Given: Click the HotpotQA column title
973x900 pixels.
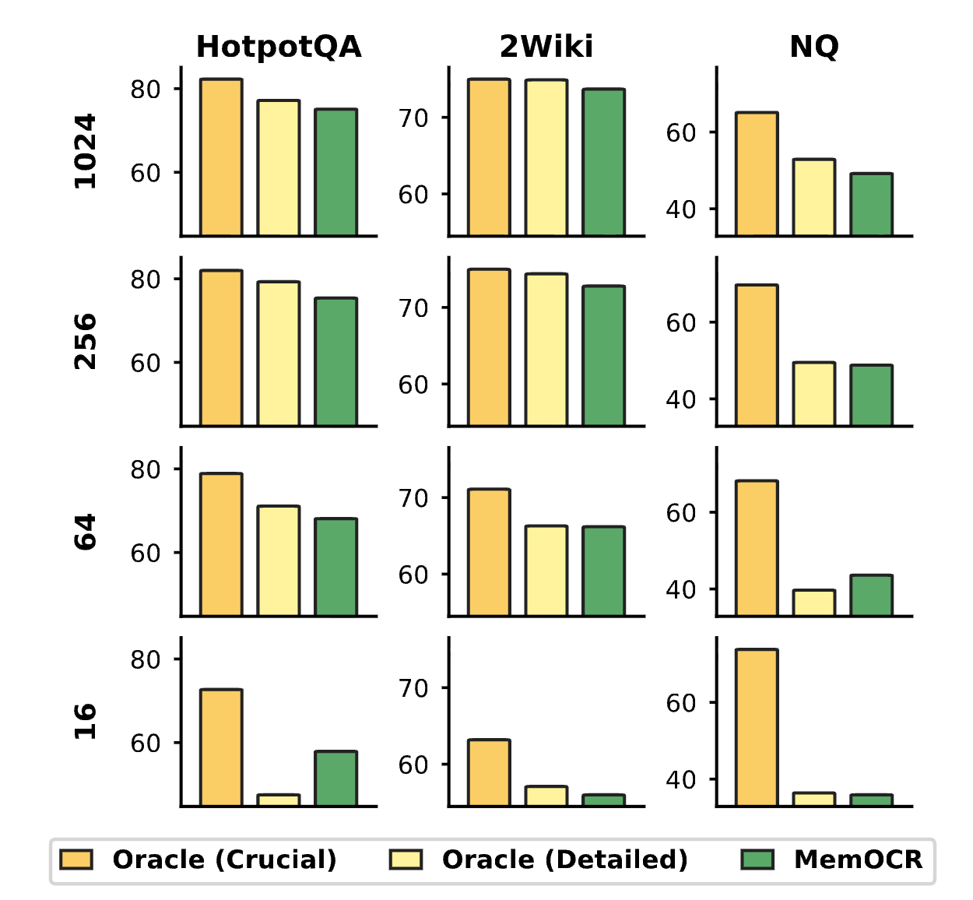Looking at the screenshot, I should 279,47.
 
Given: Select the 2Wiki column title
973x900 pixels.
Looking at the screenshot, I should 546,47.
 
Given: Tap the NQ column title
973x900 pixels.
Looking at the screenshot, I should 814,47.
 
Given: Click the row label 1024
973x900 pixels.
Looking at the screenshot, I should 86,151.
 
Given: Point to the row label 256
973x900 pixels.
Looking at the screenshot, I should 86,341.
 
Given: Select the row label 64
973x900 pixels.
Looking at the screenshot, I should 86,532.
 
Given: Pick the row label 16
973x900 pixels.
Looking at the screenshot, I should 86,722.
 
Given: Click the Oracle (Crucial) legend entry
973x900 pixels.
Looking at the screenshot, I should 224,860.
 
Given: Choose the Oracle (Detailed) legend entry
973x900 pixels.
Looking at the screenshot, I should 564,860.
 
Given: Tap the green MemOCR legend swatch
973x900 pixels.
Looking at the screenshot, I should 757,860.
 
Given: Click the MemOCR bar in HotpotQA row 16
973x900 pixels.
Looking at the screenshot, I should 336,779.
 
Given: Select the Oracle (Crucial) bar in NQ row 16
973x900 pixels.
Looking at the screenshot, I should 757,727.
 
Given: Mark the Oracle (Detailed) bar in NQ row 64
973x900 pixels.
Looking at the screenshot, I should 814,603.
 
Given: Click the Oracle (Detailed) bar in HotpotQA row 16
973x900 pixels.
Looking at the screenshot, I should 279,800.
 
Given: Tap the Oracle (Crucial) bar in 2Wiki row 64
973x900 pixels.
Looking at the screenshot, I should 489,553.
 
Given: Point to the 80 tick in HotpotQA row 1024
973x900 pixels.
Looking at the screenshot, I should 146,90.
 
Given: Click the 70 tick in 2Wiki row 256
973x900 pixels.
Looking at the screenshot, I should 413,308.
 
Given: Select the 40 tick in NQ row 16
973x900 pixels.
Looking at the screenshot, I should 681,780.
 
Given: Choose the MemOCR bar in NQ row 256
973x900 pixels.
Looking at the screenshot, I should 872,396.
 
